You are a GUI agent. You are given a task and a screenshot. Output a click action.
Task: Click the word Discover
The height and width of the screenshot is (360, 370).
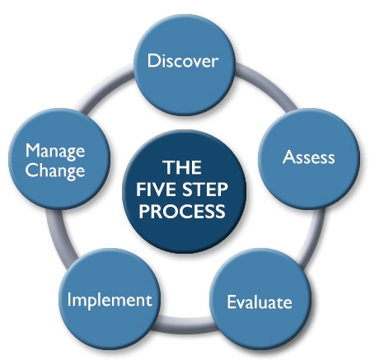pyautogui.click(x=183, y=61)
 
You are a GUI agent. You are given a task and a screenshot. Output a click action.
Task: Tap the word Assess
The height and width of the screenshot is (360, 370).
pyautogui.click(x=309, y=157)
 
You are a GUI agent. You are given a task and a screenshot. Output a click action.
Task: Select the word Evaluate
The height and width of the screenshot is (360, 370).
pyautogui.click(x=260, y=302)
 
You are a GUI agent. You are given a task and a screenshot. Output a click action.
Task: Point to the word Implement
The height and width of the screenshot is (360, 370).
pyautogui.click(x=110, y=301)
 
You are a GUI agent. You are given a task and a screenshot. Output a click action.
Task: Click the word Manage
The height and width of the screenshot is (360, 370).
pyautogui.click(x=55, y=152)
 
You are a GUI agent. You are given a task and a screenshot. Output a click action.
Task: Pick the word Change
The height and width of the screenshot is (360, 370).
pyautogui.click(x=55, y=171)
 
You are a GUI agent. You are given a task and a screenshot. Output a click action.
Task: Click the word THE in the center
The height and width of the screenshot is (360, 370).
pyautogui.click(x=182, y=167)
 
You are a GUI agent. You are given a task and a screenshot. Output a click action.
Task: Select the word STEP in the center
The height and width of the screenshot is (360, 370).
pyautogui.click(x=205, y=189)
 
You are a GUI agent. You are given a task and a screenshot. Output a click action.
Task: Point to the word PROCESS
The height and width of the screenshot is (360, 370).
pyautogui.click(x=182, y=211)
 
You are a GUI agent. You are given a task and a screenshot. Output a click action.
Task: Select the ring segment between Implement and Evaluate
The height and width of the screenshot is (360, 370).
pyautogui.click(x=185, y=325)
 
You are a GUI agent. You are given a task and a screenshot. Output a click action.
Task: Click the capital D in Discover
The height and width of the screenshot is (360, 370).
pyautogui.click(x=153, y=61)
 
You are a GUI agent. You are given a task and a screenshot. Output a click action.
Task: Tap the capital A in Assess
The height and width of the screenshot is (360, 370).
pyautogui.click(x=288, y=157)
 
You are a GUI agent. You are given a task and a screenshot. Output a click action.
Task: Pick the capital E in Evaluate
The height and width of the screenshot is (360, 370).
pyautogui.click(x=232, y=302)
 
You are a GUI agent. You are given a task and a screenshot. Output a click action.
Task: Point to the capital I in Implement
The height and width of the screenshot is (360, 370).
pyautogui.click(x=69, y=299)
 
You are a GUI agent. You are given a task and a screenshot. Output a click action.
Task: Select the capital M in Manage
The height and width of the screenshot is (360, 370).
pyautogui.click(x=33, y=151)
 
